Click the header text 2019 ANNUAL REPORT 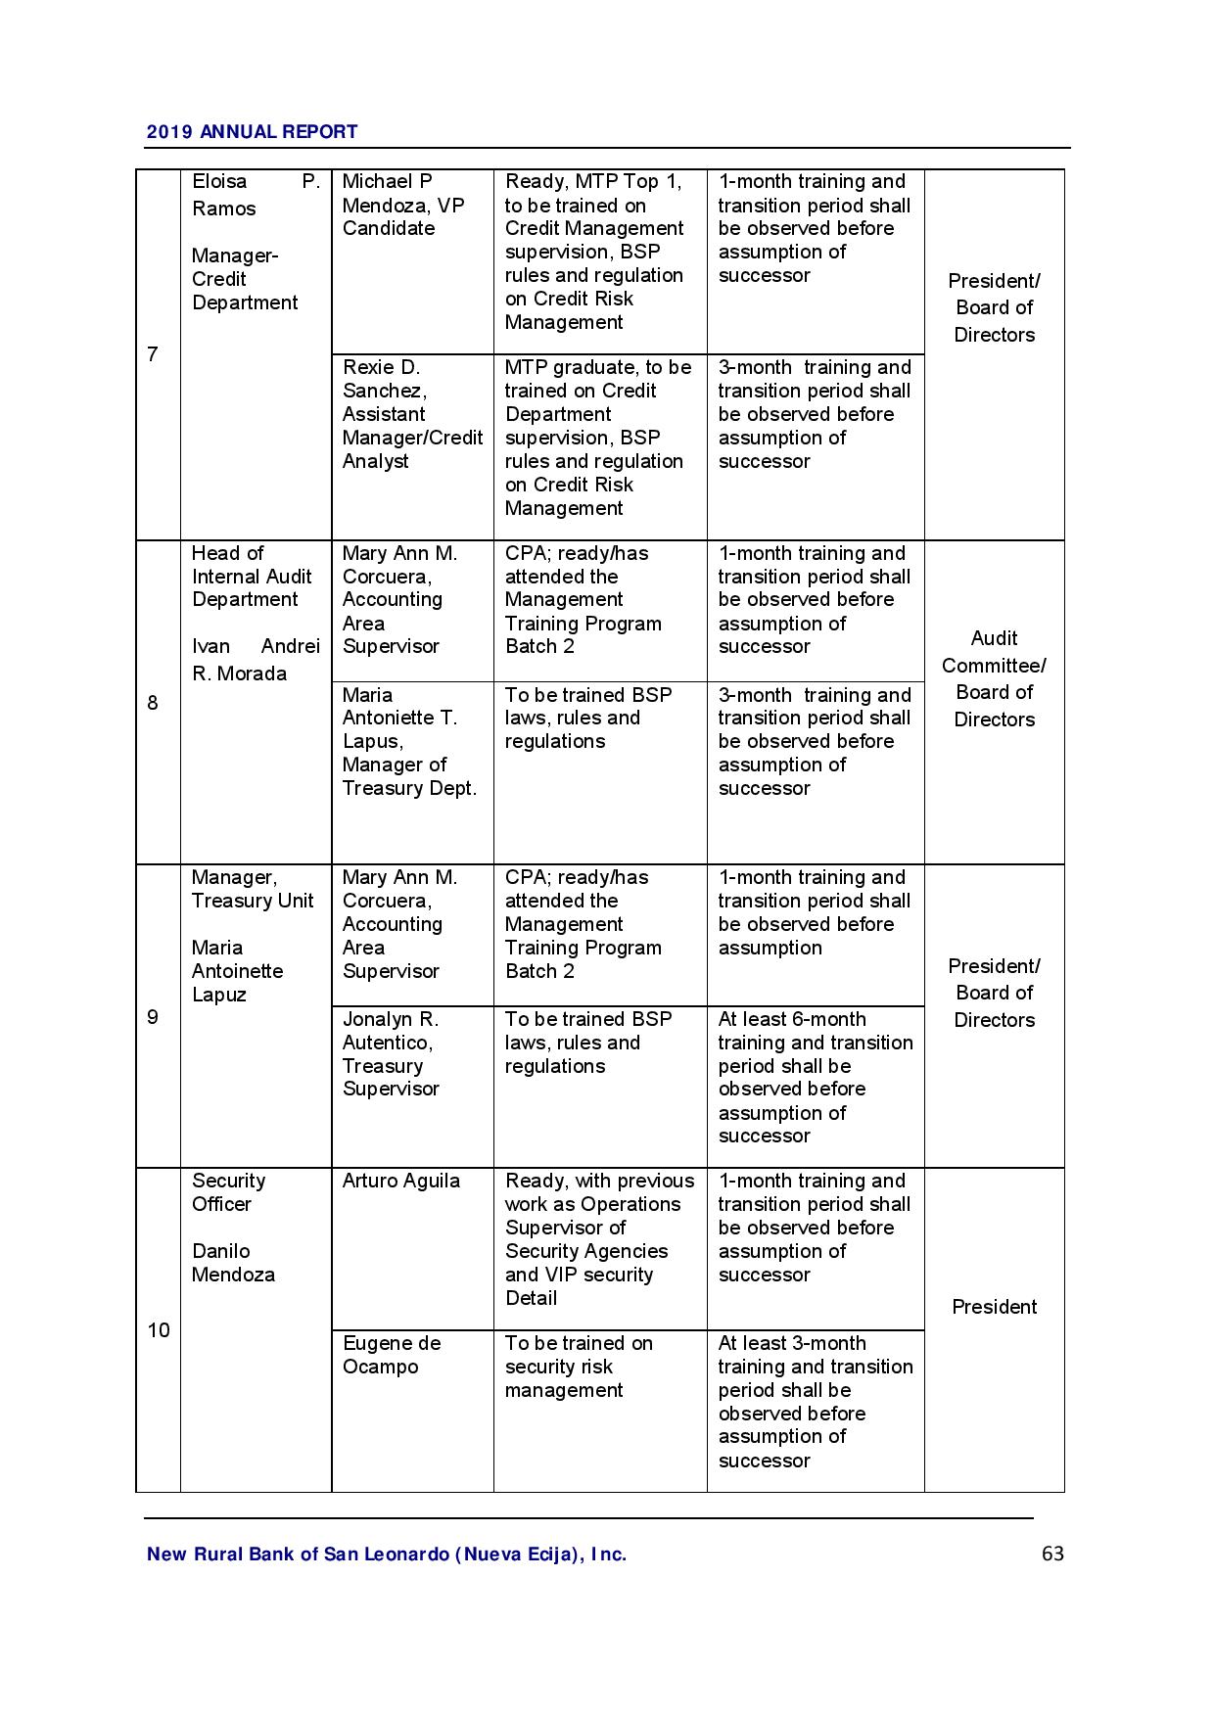point(252,131)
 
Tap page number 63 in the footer point(1052,1554)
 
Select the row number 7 point(153,354)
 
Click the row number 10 point(158,1329)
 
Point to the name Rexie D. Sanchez point(384,379)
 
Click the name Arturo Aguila point(400,1181)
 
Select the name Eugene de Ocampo point(391,1355)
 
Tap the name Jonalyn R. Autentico point(390,1031)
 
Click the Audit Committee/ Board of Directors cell point(994,678)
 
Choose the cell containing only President point(994,1307)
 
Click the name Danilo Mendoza point(233,1263)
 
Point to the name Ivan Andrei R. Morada point(255,660)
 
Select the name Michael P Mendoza point(402,194)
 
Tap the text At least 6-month point(791,1019)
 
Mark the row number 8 point(153,703)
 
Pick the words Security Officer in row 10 point(228,1192)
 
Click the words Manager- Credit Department point(244,279)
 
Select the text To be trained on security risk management point(578,1367)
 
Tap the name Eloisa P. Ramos point(255,195)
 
